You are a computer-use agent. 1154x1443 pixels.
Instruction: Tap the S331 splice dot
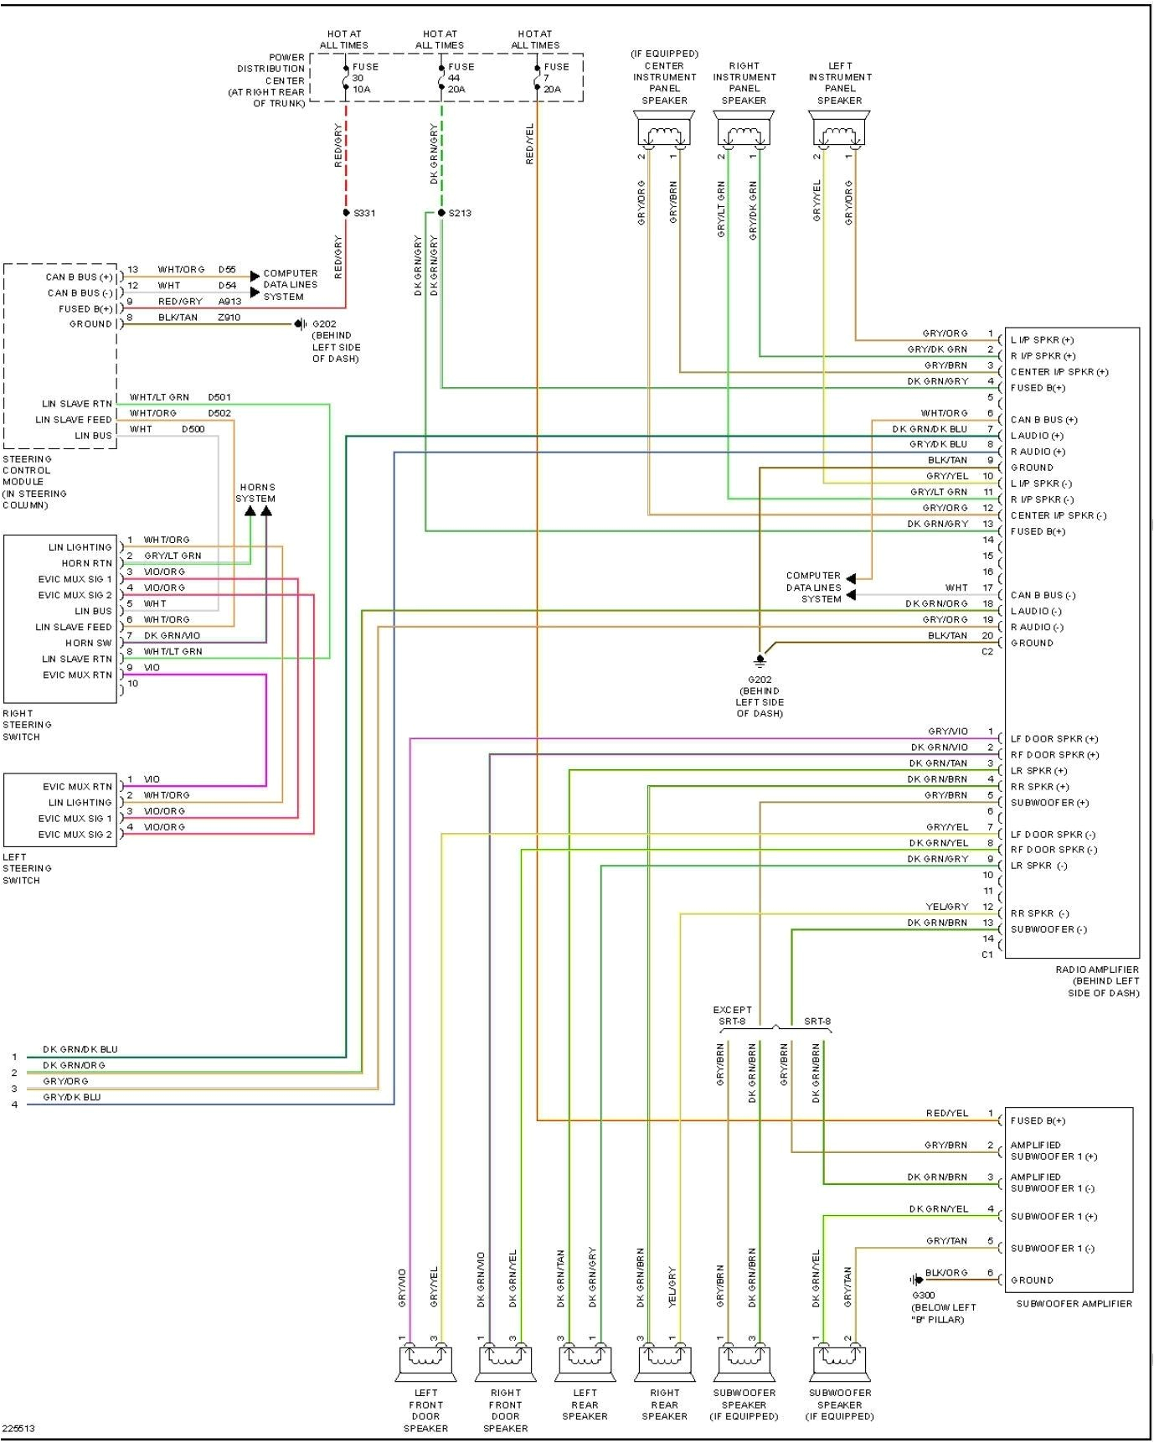tap(346, 213)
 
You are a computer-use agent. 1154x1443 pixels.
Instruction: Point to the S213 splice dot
tap(441, 213)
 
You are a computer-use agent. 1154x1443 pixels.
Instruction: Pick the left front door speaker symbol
tap(425, 1363)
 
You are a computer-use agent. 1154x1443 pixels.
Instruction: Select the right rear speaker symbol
tap(664, 1363)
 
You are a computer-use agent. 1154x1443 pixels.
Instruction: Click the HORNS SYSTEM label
tap(256, 493)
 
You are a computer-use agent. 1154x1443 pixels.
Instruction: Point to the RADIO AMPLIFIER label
tap(1097, 980)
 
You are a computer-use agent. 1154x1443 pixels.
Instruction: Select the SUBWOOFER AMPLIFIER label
tap(1074, 1303)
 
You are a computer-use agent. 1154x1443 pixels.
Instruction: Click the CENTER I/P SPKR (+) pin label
tap(1059, 372)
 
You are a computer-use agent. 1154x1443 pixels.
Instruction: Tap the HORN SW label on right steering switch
tap(89, 643)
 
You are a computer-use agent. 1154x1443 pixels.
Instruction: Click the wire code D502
tap(219, 413)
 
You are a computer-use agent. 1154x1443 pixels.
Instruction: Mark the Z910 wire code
tap(229, 318)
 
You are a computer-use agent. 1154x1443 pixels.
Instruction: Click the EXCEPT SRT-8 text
tap(732, 1016)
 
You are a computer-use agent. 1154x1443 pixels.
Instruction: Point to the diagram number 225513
tap(19, 1429)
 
